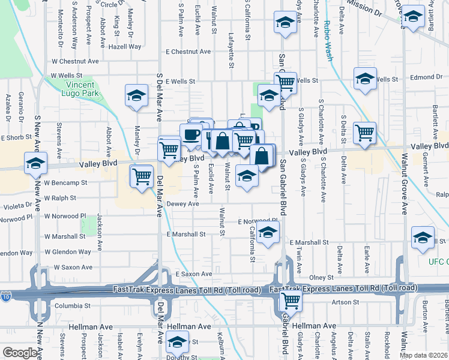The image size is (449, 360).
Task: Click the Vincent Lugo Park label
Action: pyautogui.click(x=79, y=89)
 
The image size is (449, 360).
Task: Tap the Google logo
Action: pyautogui.click(x=20, y=353)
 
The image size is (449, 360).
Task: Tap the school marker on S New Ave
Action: pyautogui.click(x=35, y=163)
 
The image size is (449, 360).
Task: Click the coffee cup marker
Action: pyautogui.click(x=191, y=134)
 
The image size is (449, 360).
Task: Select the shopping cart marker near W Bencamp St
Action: pyautogui.click(x=142, y=177)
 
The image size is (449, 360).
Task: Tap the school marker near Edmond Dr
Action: pyautogui.click(x=365, y=79)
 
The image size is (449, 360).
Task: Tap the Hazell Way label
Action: pyautogui.click(x=125, y=46)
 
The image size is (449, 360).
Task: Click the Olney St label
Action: pyautogui.click(x=321, y=278)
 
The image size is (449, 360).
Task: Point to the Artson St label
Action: pyautogui.click(x=345, y=302)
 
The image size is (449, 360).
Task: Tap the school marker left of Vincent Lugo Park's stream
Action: pyautogui.click(x=137, y=95)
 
